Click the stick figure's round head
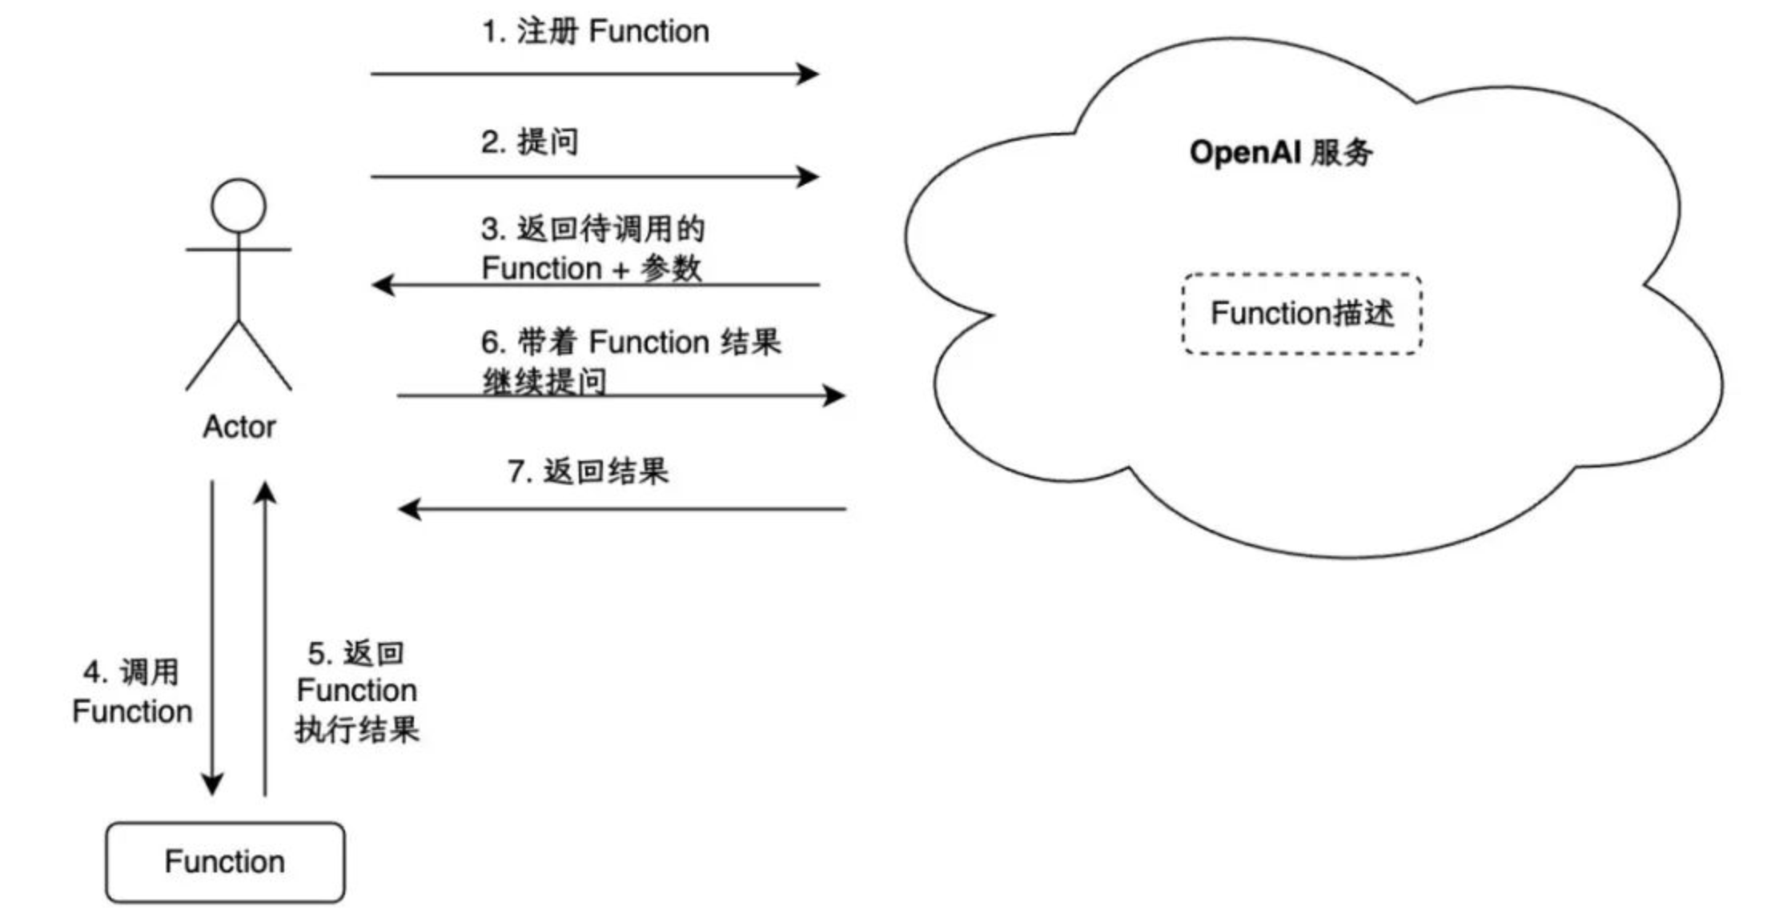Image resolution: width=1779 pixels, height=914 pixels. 239,206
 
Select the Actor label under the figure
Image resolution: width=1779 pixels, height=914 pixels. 239,427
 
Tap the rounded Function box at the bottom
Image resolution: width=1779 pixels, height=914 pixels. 225,862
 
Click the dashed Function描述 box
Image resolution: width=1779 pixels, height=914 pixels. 1302,313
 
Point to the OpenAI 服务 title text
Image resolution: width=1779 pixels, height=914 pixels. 1281,152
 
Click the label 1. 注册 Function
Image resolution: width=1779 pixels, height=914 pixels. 595,32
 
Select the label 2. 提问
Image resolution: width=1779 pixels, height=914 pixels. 529,142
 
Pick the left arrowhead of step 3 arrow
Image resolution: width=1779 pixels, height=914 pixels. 383,284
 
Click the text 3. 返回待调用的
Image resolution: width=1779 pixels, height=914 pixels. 592,229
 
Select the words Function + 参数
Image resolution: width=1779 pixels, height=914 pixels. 591,268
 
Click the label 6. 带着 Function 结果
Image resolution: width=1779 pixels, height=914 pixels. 630,342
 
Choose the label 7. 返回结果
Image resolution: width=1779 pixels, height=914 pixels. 588,471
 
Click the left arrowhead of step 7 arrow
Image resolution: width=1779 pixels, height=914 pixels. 409,508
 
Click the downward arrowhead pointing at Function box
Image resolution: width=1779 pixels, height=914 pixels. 212,784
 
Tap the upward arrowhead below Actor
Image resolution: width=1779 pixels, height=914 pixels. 265,491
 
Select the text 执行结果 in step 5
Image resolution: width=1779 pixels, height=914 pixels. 357,730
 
